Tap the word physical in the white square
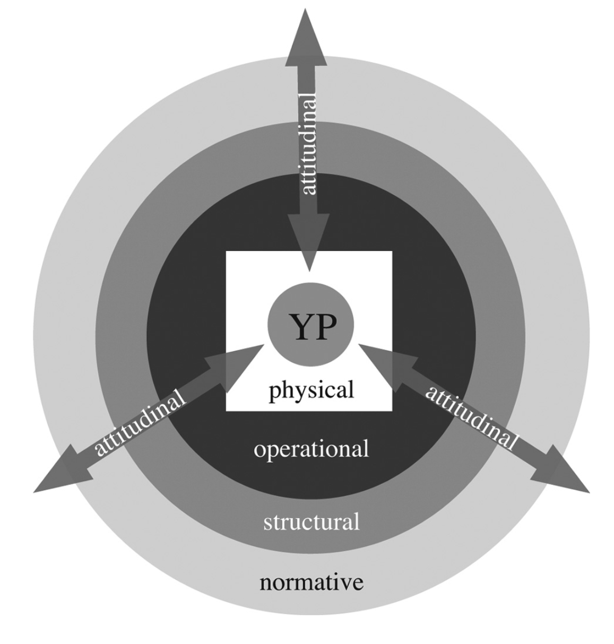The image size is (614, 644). (311, 391)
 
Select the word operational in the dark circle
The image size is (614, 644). (311, 449)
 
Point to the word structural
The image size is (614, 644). (311, 522)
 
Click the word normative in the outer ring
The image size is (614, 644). (311, 582)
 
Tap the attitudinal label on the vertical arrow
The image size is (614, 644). (308, 143)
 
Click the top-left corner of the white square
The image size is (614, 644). (227, 252)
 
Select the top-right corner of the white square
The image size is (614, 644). (392, 252)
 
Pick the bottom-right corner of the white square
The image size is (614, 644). (392, 411)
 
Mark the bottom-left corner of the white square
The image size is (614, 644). (227, 411)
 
